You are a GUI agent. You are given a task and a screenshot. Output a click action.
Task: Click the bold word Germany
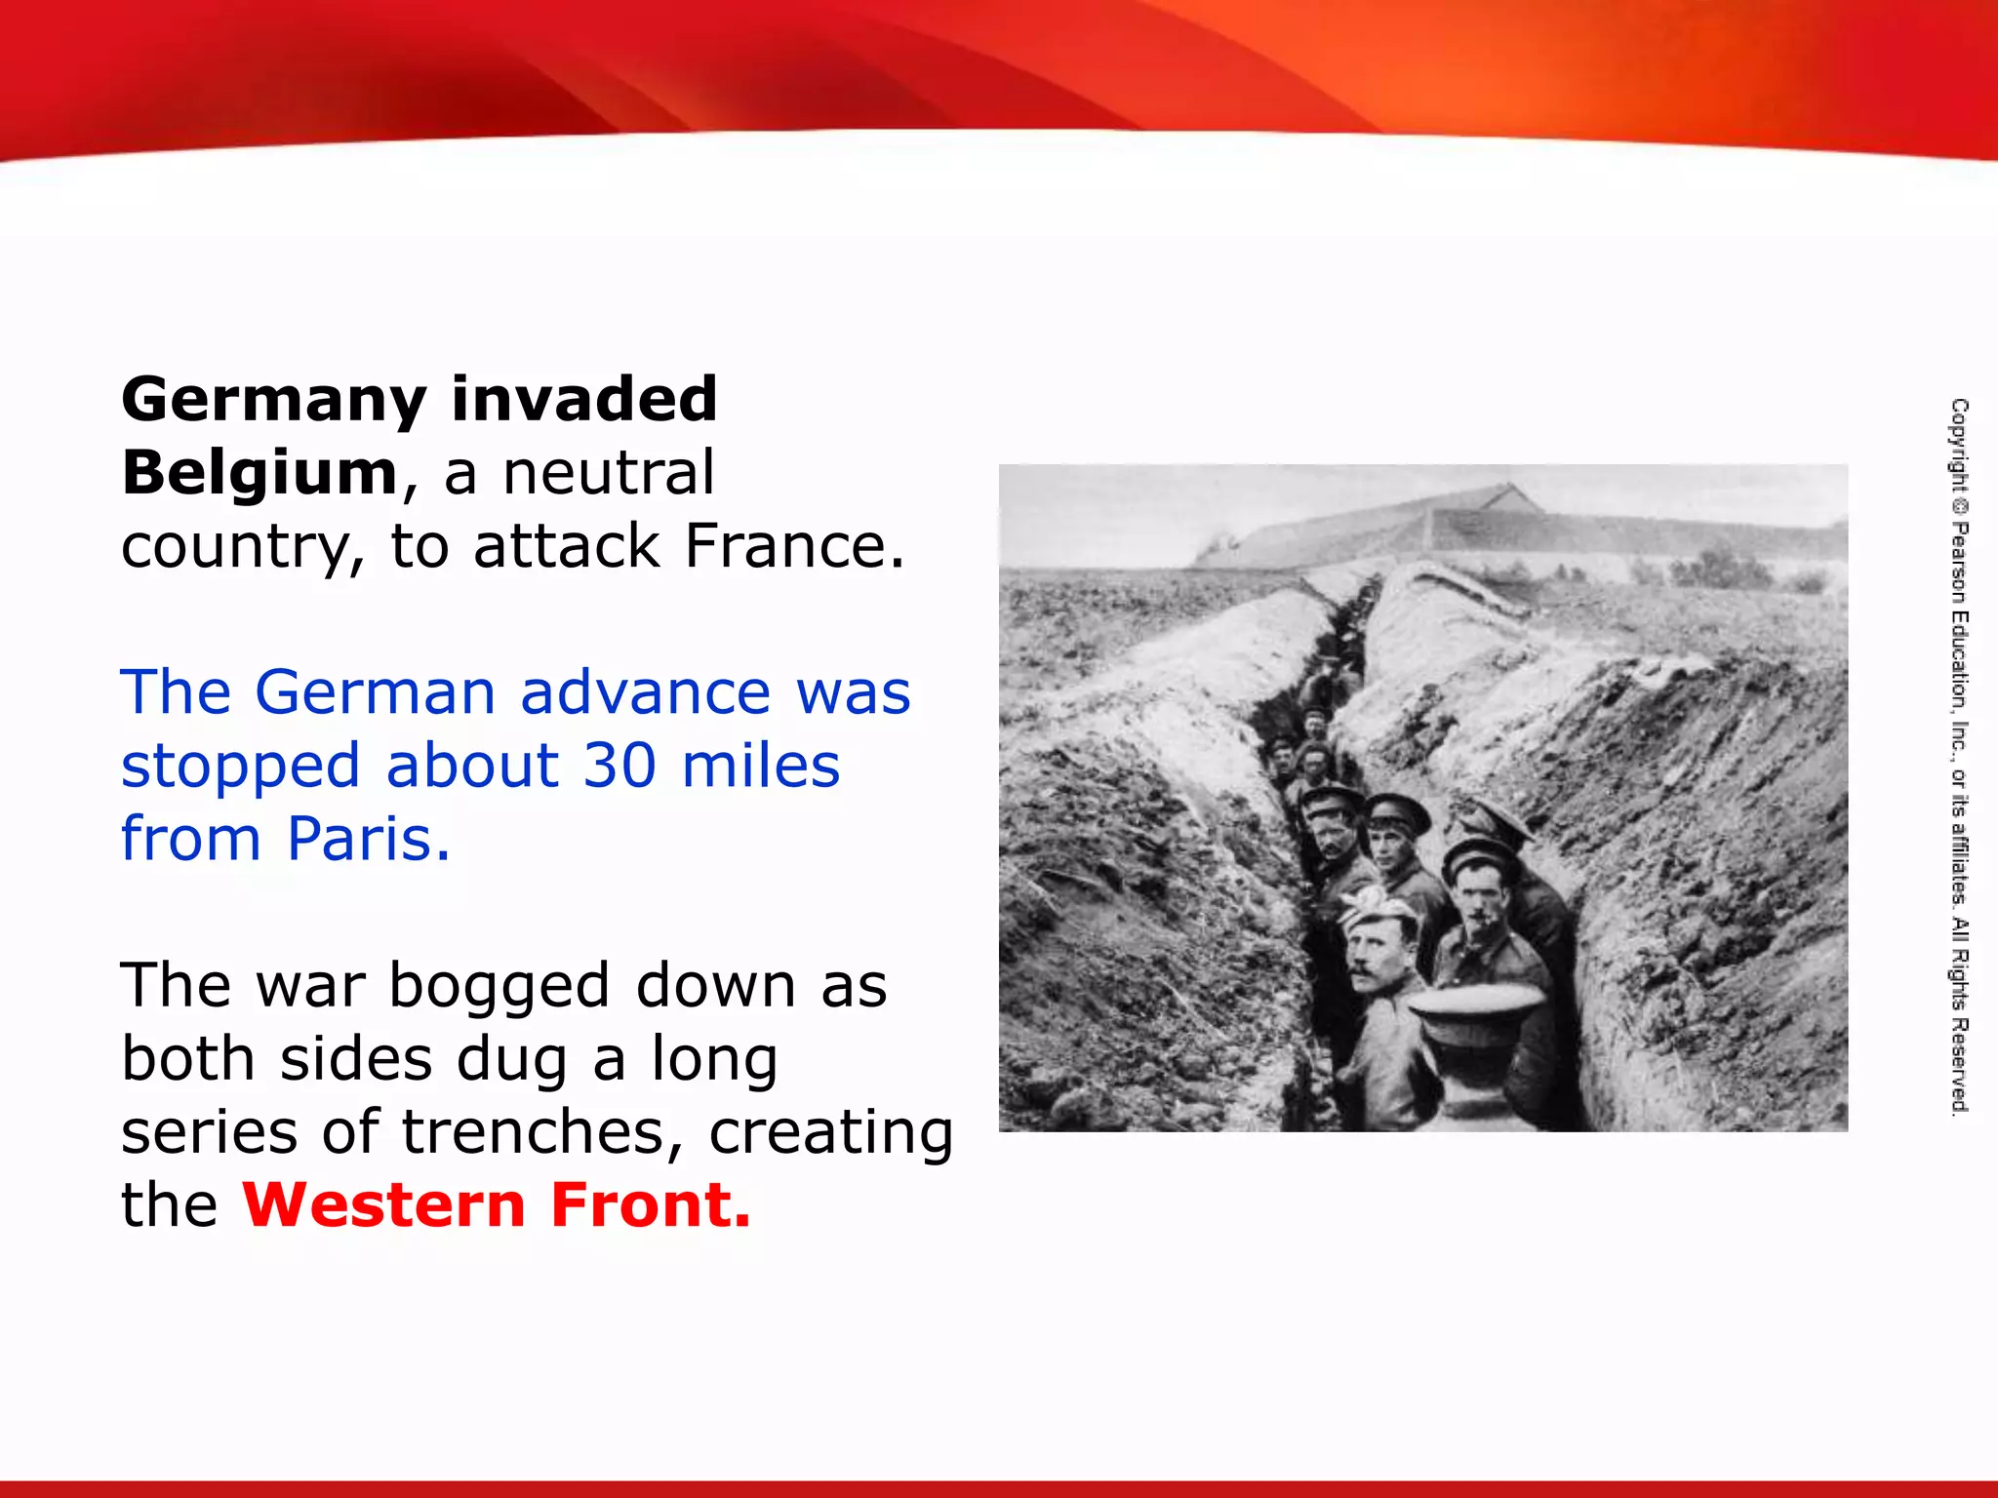[274, 401]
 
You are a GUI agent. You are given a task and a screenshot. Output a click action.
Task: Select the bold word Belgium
[260, 473]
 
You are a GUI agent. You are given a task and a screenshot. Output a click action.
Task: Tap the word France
[794, 546]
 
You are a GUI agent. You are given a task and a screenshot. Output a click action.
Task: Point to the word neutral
[609, 473]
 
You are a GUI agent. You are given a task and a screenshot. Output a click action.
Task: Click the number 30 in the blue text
[619, 766]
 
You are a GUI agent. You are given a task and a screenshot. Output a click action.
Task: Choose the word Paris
[369, 839]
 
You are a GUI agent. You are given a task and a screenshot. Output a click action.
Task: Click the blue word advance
[646, 692]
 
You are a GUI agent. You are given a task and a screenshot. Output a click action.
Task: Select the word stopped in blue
[240, 768]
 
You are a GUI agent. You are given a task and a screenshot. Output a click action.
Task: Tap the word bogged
[499, 987]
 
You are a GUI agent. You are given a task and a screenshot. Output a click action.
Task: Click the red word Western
[384, 1205]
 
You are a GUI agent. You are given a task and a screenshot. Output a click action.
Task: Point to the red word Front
[651, 1205]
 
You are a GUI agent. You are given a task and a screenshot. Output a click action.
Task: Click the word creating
[830, 1133]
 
